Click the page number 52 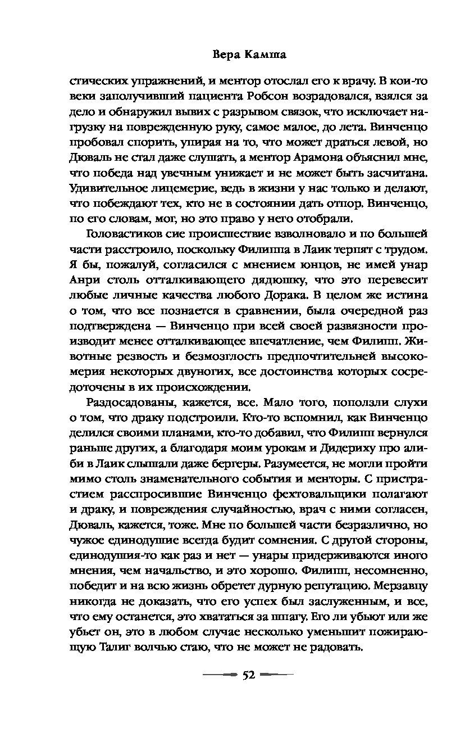(x=249, y=676)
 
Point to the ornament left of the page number (x=221, y=676)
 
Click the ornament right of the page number (x=277, y=676)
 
